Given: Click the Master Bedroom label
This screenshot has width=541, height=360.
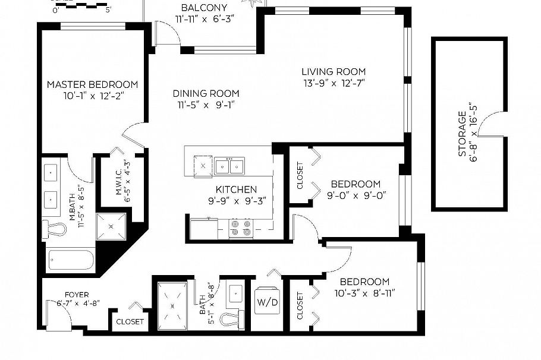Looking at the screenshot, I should coord(92,85).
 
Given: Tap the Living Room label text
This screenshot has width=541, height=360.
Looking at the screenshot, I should coord(333,72).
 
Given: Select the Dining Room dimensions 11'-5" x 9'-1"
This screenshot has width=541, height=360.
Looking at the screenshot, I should coord(206,106).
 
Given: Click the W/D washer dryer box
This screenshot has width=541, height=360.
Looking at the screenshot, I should coord(267,302).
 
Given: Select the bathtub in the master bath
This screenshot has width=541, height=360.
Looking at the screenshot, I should coord(71,260).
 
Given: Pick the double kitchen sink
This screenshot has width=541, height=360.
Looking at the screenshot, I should coord(229,166).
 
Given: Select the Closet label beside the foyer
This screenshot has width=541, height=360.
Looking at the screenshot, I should coord(130,321).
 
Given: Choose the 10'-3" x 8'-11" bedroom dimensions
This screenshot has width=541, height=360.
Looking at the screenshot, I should coord(364,292).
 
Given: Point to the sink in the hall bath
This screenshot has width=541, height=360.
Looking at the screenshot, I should coord(235,293).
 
